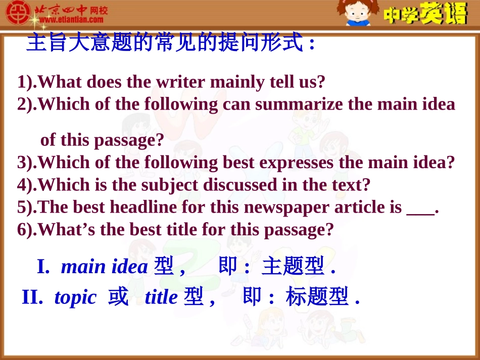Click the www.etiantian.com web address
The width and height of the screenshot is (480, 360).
click(71, 20)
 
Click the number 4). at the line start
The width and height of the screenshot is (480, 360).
click(27, 185)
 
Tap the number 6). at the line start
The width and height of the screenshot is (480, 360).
click(27, 230)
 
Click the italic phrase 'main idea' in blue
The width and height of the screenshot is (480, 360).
click(104, 267)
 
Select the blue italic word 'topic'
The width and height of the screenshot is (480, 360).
click(75, 298)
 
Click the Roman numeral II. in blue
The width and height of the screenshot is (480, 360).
click(32, 298)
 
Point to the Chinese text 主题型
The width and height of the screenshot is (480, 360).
click(293, 267)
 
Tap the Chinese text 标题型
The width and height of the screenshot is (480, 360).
click(317, 298)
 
